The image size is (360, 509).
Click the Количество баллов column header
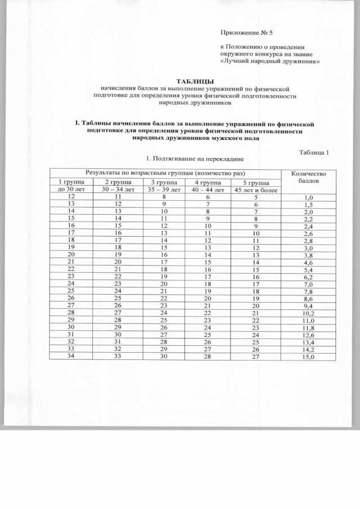point(308,178)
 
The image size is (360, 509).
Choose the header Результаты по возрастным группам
point(166,172)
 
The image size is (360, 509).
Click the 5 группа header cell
point(256,183)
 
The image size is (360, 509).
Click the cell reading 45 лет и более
point(256,190)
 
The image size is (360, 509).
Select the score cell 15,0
point(308,357)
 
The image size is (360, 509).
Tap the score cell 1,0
point(308,198)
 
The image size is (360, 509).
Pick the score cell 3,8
point(308,254)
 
